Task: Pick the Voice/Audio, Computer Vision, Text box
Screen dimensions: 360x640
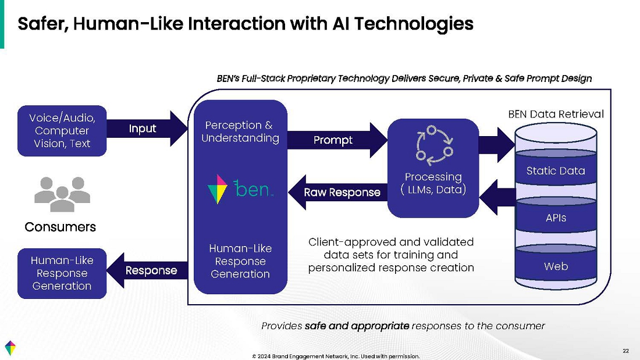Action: pos(62,131)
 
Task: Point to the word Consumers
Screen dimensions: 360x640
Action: pos(61,227)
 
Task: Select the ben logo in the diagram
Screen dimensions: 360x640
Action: pos(240,189)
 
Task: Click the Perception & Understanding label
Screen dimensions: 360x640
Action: pos(240,132)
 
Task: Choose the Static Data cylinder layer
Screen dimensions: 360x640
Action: pos(555,171)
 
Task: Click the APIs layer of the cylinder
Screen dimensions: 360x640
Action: pos(555,218)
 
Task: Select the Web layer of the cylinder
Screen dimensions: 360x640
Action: pos(555,266)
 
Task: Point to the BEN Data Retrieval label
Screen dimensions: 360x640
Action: pos(556,114)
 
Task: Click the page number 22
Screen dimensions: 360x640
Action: pos(625,351)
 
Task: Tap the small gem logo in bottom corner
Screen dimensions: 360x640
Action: pos(10,347)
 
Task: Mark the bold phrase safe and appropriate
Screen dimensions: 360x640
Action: pos(357,326)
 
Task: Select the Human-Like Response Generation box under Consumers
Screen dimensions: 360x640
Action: pos(62,273)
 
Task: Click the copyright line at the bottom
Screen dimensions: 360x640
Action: pos(335,356)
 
